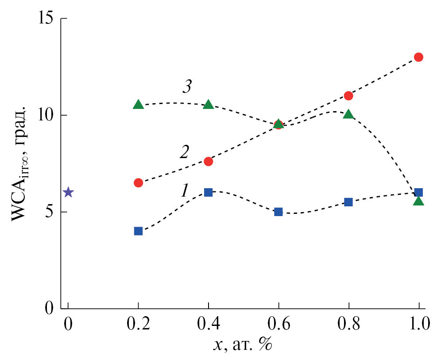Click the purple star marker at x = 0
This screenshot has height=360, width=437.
tap(68, 192)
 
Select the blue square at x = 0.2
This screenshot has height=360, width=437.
tap(138, 231)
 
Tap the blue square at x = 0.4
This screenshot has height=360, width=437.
tap(209, 192)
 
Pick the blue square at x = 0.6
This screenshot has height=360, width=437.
tap(278, 212)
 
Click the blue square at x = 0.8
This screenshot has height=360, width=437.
tap(348, 202)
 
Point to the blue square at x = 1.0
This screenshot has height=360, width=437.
tap(418, 192)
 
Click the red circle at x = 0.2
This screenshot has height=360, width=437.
tap(138, 182)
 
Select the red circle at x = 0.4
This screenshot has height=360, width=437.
tap(209, 161)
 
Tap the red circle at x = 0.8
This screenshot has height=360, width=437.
tap(348, 96)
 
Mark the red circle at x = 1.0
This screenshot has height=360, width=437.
tap(418, 57)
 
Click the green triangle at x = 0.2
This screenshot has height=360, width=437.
tap(138, 105)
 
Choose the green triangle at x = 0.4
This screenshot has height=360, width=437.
tap(209, 105)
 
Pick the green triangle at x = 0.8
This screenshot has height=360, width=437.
tap(348, 114)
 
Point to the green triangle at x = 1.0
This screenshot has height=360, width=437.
tap(418, 201)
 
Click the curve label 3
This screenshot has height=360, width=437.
tap(186, 87)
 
